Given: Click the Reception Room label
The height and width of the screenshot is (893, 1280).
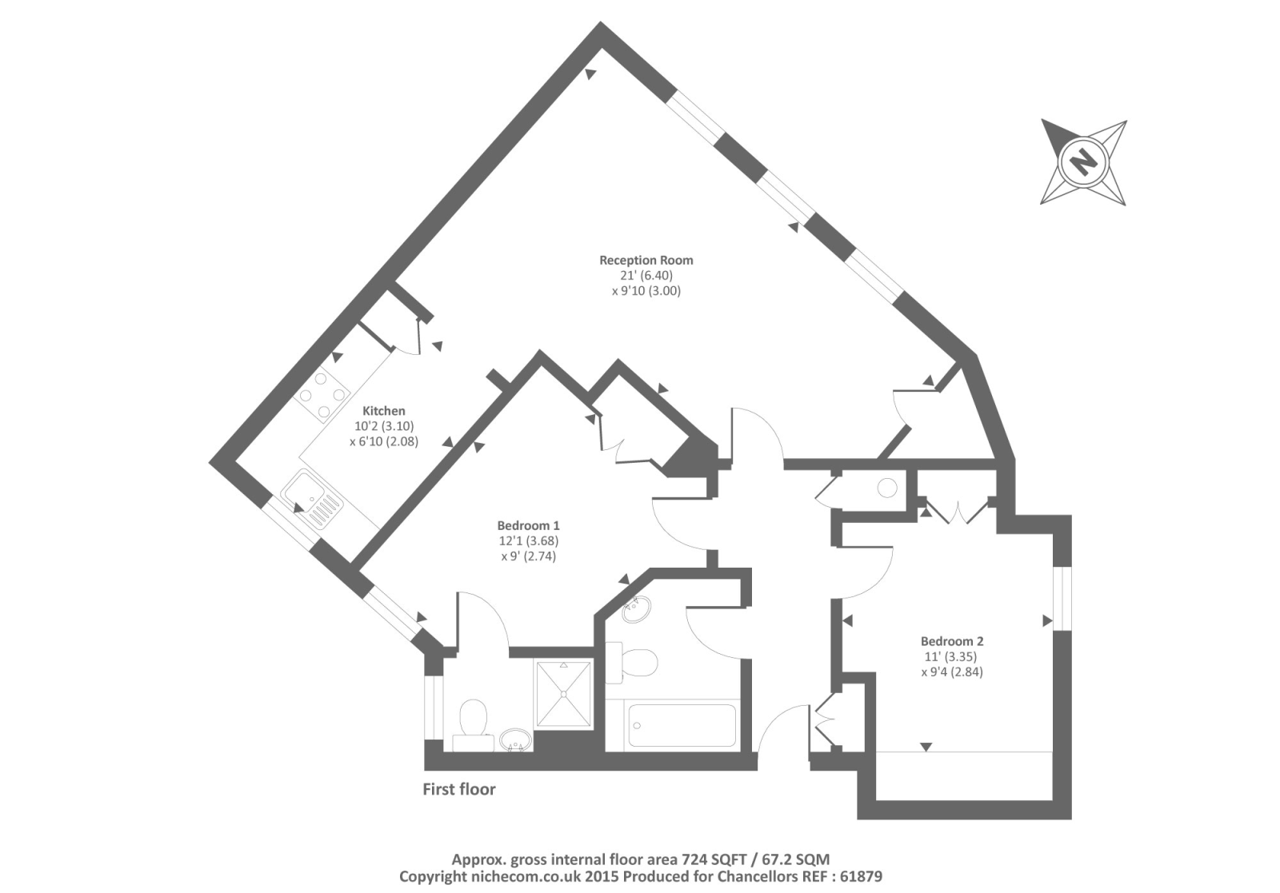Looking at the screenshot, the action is [646, 260].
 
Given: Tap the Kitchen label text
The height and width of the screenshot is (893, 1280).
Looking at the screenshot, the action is [384, 411].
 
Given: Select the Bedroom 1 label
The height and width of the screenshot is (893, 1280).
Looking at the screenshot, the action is [528, 525].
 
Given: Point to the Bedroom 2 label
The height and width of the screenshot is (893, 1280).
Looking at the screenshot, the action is [952, 641].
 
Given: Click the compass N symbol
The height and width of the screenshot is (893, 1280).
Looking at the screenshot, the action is [1083, 162].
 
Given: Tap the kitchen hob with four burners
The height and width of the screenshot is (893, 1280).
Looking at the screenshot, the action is [324, 395].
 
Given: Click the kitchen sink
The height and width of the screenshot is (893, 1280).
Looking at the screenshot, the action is [314, 500].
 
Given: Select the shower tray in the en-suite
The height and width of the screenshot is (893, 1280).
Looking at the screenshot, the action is [563, 694].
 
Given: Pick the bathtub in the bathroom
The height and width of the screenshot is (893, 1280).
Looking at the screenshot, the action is [682, 726].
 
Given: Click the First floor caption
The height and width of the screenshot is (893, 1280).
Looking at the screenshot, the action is [459, 790].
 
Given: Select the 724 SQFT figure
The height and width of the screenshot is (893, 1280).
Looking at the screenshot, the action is [714, 859].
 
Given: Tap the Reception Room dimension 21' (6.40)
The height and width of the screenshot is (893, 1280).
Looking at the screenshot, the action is [646, 275].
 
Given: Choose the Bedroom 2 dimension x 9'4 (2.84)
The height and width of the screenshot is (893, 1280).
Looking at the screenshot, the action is [952, 672].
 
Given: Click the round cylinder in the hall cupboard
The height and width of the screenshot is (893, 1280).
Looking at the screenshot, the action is [887, 487].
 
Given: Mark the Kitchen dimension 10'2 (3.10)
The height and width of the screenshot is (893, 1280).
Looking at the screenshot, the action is [384, 426].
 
